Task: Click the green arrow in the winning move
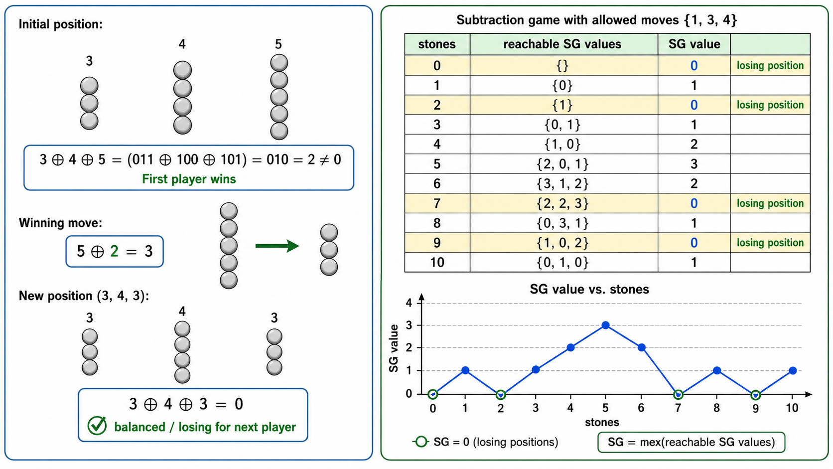pyautogui.click(x=277, y=246)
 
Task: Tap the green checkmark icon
pyautogui.click(x=97, y=426)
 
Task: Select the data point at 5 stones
pyautogui.click(x=605, y=325)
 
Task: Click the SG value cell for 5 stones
pyautogui.click(x=694, y=164)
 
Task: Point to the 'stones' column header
pyautogui.click(x=437, y=44)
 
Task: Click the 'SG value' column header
pyautogui.click(x=694, y=44)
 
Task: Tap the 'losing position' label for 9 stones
pyautogui.click(x=770, y=243)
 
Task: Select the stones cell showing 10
pyautogui.click(x=437, y=263)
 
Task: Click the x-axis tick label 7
pyautogui.click(x=678, y=408)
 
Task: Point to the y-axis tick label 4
pyautogui.click(x=409, y=303)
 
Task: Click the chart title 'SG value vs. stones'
pyautogui.click(x=589, y=290)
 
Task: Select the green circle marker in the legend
pyautogui.click(x=421, y=442)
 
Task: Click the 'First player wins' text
pyautogui.click(x=189, y=179)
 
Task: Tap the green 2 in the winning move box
pyautogui.click(x=114, y=251)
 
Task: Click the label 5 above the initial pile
pyautogui.click(x=278, y=45)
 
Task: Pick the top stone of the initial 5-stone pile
pyautogui.click(x=279, y=63)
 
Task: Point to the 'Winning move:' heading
pyautogui.click(x=60, y=223)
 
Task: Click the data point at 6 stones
pyautogui.click(x=642, y=348)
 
